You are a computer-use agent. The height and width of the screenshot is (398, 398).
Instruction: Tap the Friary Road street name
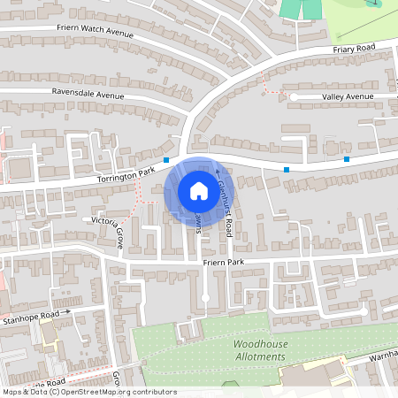354,47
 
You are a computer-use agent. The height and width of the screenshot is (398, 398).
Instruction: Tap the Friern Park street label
223,263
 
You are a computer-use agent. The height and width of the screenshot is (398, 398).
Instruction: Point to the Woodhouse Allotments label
260,349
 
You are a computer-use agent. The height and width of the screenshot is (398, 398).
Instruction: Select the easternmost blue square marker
347,159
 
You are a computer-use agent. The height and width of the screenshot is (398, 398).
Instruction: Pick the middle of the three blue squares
287,169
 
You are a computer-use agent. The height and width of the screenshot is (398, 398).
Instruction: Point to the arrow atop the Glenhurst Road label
217,171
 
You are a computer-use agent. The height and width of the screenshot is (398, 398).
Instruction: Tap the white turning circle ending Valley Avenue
293,96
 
